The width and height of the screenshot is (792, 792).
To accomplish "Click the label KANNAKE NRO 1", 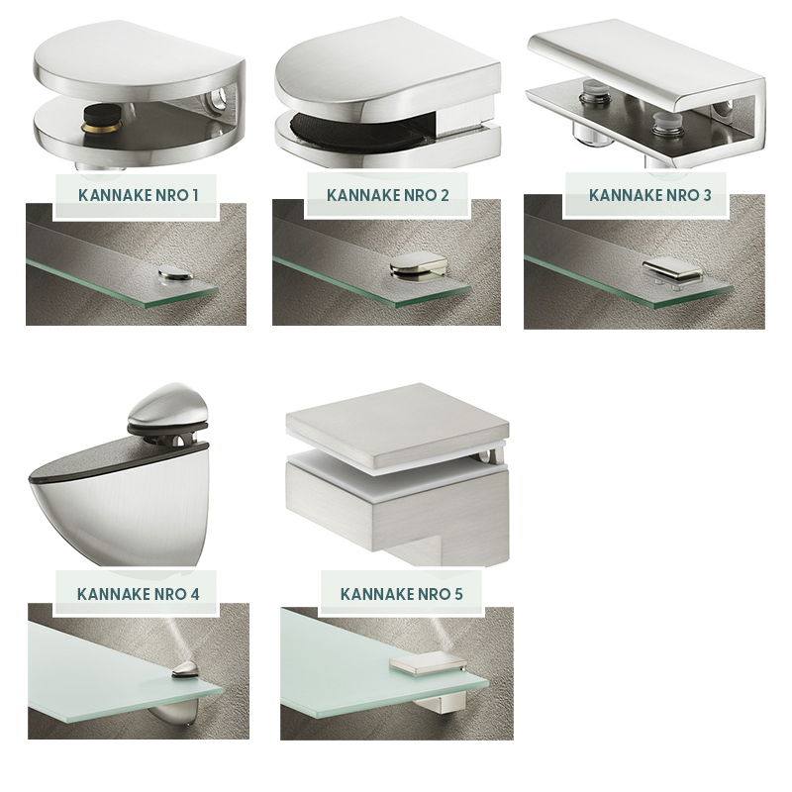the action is [x=138, y=195].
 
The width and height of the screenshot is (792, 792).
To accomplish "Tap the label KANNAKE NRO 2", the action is [x=387, y=195].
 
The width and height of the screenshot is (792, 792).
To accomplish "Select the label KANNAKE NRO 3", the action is [x=649, y=195].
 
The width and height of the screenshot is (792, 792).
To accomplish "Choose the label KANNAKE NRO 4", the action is [x=138, y=594].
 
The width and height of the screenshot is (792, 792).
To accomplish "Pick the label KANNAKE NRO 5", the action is [x=401, y=594].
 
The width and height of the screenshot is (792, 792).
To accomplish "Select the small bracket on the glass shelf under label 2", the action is [x=418, y=265].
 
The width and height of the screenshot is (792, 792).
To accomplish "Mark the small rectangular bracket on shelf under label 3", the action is [x=673, y=270].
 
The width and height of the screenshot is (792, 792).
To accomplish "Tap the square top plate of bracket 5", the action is [x=397, y=425].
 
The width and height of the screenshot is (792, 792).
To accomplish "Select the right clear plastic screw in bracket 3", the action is [x=664, y=126].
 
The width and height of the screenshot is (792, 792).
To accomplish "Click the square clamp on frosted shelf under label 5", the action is [x=429, y=663].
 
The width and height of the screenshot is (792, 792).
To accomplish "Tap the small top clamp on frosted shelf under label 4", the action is [x=184, y=670].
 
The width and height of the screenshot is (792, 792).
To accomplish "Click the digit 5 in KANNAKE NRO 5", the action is [x=457, y=594].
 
